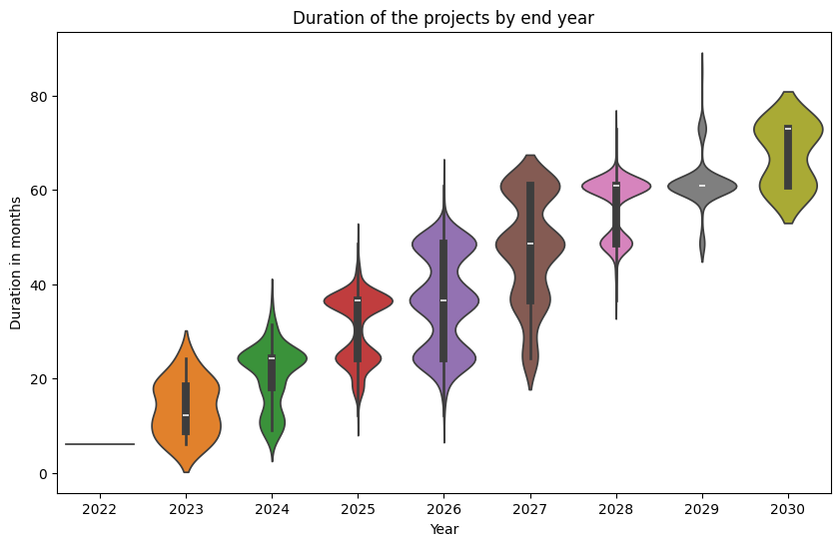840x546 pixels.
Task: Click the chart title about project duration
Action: [x=443, y=17]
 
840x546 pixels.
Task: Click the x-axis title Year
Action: [x=443, y=528]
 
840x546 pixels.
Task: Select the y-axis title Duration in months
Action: [x=16, y=264]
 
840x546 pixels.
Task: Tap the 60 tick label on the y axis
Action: [x=37, y=191]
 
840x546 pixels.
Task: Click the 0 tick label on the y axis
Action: [x=41, y=473]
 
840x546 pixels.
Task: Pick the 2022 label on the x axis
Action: [x=100, y=509]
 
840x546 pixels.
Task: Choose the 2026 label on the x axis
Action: [x=443, y=509]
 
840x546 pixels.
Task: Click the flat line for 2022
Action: [x=100, y=444]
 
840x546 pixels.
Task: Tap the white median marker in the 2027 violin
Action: [x=529, y=244]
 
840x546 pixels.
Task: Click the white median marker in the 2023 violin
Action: [x=186, y=415]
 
